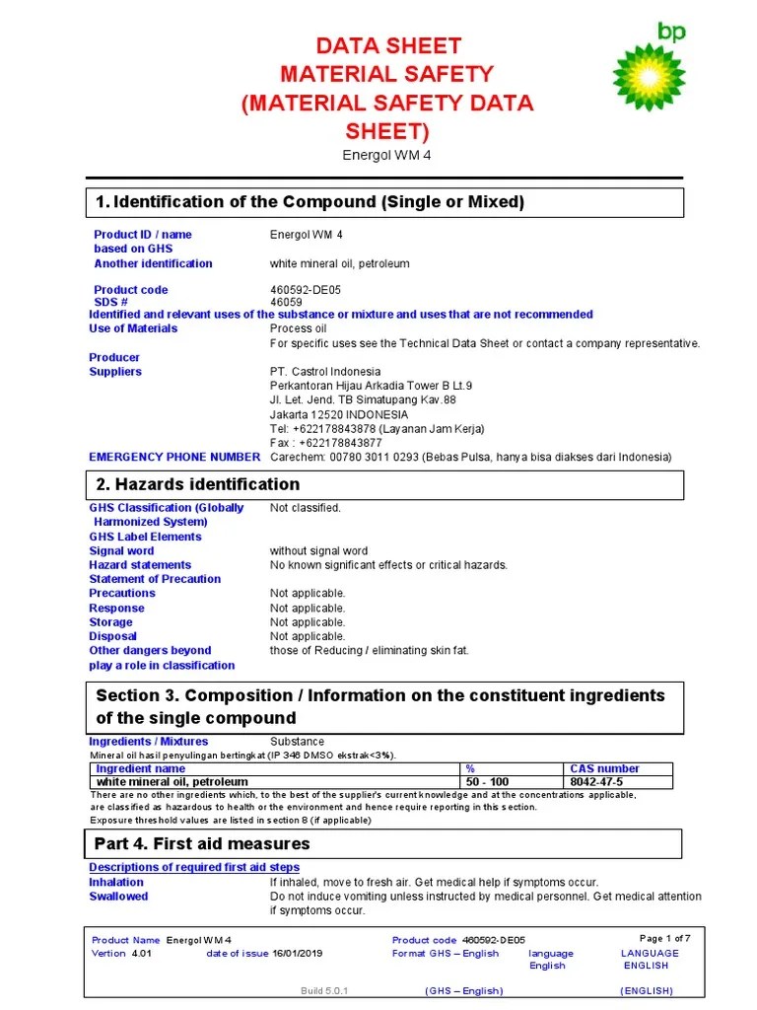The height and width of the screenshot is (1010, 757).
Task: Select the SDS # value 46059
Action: [287, 302]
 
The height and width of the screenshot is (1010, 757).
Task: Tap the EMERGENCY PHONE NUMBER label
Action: [174, 458]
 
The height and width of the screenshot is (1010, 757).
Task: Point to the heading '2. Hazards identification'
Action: [197, 484]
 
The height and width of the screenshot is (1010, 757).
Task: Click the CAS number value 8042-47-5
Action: [596, 781]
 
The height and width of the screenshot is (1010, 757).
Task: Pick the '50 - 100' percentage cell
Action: [488, 781]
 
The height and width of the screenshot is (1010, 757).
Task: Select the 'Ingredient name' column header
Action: [140, 768]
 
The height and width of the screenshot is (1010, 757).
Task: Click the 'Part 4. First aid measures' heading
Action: [202, 844]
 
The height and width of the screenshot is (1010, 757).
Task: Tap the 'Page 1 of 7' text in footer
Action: [665, 938]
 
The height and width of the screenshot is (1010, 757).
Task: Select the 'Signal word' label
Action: [121, 551]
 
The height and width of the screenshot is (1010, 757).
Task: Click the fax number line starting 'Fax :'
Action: [325, 443]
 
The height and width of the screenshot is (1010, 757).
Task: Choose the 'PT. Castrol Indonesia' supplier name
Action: [324, 372]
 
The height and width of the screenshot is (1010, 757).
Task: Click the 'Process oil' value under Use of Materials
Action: [298, 328]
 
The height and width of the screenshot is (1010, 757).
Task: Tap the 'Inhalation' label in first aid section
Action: [116, 883]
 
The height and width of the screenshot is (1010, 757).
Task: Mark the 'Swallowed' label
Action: [118, 897]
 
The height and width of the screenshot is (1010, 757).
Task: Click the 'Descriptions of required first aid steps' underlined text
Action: [194, 868]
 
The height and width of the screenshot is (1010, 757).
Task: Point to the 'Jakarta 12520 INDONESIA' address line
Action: [338, 414]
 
